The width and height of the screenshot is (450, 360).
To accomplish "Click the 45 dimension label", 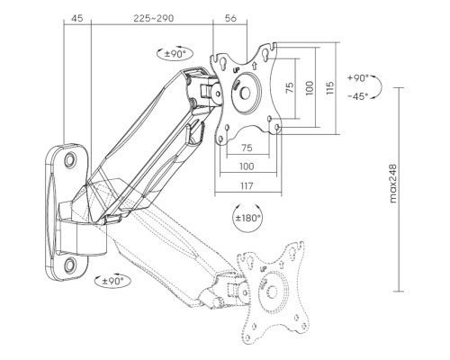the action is click(x=76, y=18).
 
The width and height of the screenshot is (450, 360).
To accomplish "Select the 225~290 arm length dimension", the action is click(x=154, y=18).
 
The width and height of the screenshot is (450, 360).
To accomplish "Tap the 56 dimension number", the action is click(x=230, y=18).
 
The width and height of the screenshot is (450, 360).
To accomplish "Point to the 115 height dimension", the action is click(x=329, y=88).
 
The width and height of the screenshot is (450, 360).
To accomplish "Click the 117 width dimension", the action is click(x=247, y=186).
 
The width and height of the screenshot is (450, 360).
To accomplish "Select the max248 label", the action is click(x=393, y=184).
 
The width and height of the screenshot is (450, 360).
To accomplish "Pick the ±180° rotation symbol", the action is click(x=247, y=218).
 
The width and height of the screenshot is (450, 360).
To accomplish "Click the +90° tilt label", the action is click(x=358, y=78).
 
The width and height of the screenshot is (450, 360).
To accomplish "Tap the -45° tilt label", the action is click(x=358, y=96).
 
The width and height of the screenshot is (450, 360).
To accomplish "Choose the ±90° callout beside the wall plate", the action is click(x=112, y=281).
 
